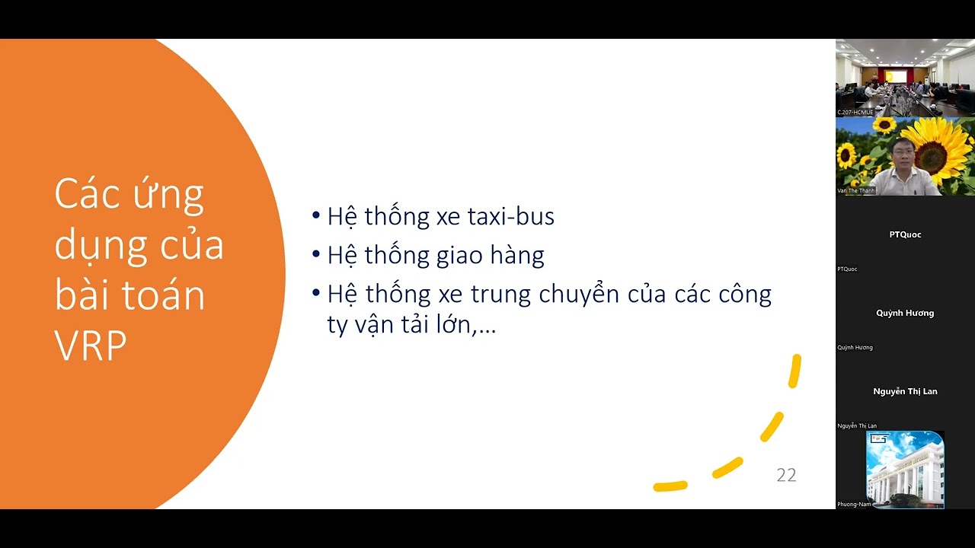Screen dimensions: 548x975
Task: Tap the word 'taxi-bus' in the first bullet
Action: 510,217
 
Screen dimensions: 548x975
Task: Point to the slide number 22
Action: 786,476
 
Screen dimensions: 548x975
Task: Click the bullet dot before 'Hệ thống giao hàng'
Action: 316,254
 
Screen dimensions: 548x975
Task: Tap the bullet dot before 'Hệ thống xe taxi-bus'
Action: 316,215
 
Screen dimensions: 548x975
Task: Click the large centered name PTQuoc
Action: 905,234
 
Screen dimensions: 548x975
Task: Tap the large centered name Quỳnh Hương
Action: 905,313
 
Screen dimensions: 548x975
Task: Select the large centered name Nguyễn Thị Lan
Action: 905,391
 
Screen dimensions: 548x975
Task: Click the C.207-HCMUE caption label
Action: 855,113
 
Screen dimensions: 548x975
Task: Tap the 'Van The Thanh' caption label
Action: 856,191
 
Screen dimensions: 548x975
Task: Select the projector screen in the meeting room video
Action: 895,76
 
